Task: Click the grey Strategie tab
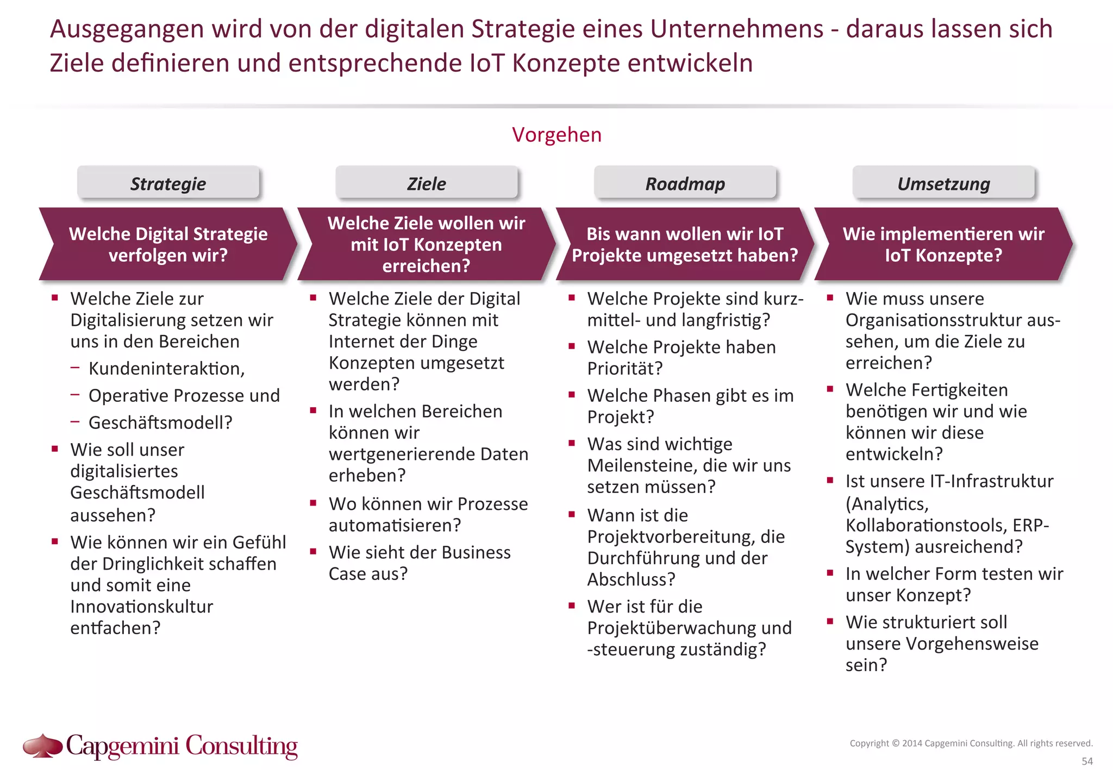[x=168, y=183]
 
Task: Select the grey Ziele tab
[x=427, y=183]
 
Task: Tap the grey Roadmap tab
[x=685, y=183]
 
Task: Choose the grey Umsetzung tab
[x=943, y=183]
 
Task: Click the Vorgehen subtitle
[x=556, y=135]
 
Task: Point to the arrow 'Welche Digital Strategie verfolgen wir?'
[x=168, y=244]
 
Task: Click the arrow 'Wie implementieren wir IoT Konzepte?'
[x=943, y=244]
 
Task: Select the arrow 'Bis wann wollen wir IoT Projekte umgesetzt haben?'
[x=685, y=244]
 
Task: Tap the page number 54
[x=1087, y=761]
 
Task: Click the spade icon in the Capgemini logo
[x=42, y=745]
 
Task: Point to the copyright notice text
[x=971, y=743]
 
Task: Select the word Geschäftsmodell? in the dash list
[x=160, y=422]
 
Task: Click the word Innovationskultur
[x=141, y=607]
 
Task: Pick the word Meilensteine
[x=642, y=465]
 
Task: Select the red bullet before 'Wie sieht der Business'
[x=313, y=552]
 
